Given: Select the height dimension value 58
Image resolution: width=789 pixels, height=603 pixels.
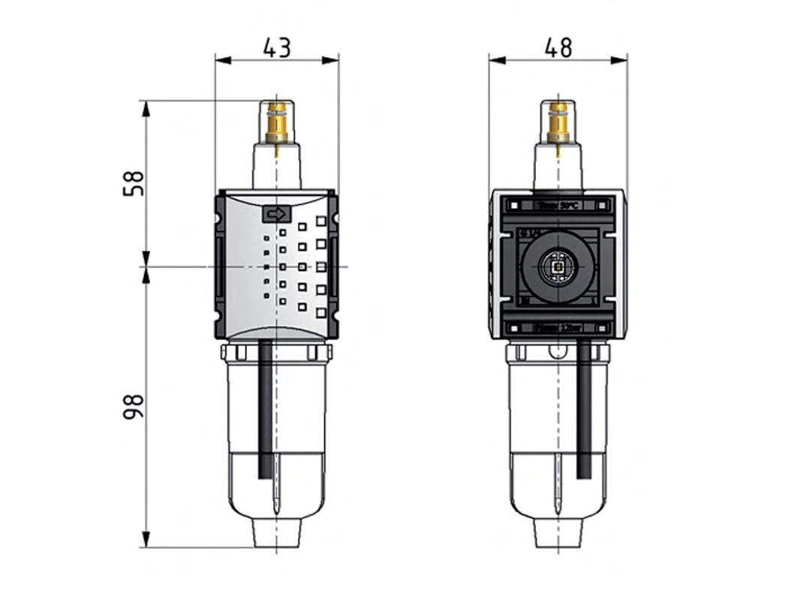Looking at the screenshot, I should tap(133, 183).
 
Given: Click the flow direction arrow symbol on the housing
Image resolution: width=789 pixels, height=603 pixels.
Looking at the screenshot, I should tap(276, 215).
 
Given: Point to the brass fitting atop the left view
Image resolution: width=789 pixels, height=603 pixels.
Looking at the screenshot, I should tap(277, 124).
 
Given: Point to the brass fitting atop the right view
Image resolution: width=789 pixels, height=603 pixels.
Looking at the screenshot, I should tap(558, 124).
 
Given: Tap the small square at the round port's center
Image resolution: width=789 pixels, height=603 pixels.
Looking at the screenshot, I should tap(558, 265).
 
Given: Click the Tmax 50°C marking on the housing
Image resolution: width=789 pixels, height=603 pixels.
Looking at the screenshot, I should tap(558, 205).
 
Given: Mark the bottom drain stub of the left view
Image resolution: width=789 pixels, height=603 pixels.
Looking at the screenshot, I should tap(277, 532).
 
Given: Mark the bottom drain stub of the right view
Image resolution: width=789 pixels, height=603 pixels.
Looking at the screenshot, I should tap(558, 532).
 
